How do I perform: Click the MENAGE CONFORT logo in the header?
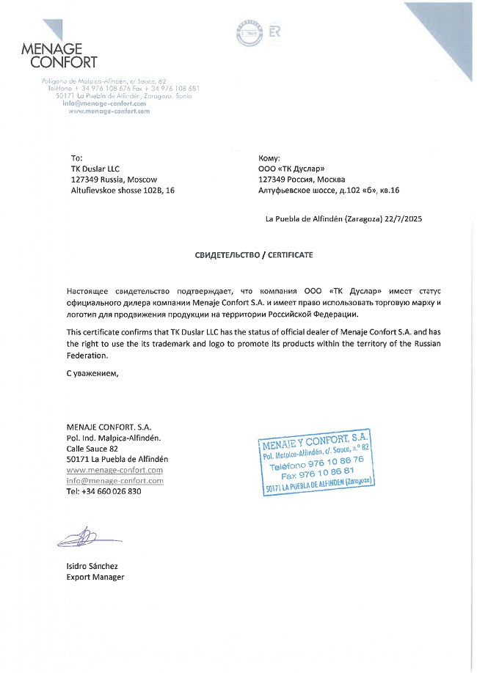tap(59, 51)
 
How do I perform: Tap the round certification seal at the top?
tap(250, 33)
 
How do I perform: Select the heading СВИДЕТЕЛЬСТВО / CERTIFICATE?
tap(253, 254)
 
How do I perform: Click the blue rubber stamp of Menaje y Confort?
tap(317, 453)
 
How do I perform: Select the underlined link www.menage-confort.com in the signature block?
tap(114, 470)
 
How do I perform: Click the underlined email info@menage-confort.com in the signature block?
tap(114, 481)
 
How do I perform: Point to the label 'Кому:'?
tap(270, 158)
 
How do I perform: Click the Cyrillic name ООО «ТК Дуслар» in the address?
tap(292, 169)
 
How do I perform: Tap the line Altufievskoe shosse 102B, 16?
tap(123, 191)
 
